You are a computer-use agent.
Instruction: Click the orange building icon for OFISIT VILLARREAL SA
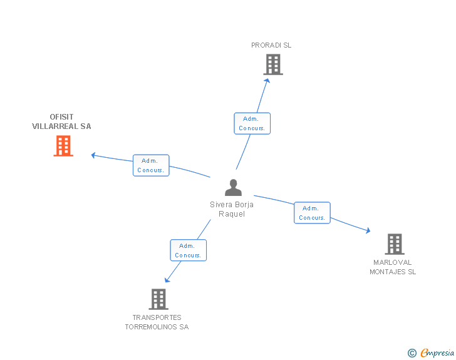[x=63, y=146]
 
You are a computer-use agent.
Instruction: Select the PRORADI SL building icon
[x=273, y=64]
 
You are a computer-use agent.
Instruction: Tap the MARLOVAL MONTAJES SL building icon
[x=395, y=244]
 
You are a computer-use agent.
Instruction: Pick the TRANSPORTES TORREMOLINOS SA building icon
[x=158, y=299]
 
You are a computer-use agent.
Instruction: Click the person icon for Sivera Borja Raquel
[x=233, y=188]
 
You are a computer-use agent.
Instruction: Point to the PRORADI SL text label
[x=271, y=45]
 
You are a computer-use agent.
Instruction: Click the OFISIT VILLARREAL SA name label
[x=61, y=121]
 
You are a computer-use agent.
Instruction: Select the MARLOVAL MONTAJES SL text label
[x=393, y=267]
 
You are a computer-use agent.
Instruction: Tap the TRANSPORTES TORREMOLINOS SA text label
[x=157, y=322]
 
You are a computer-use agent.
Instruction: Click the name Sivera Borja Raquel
[x=232, y=209]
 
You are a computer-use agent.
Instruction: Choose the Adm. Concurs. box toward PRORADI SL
[x=252, y=123]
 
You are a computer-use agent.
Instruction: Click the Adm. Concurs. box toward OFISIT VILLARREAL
[x=151, y=165]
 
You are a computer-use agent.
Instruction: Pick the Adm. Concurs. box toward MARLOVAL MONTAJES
[x=312, y=213]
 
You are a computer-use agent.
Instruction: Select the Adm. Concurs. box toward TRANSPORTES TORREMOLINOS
[x=188, y=250]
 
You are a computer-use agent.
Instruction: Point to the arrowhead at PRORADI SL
[x=267, y=81]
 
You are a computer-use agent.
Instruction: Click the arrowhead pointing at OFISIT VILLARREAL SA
[x=93, y=155]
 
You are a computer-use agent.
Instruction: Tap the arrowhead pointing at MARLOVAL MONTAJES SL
[x=368, y=230]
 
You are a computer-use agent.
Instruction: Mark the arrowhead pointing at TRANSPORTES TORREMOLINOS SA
[x=167, y=280]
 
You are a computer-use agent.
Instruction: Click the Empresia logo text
[x=437, y=352]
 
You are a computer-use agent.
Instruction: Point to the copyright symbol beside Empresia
[x=412, y=353]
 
